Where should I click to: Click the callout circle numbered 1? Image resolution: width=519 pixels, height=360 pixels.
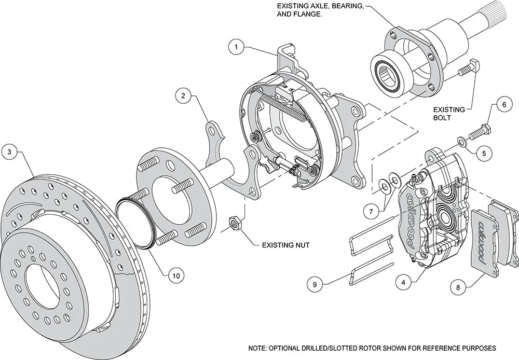coord(236,47)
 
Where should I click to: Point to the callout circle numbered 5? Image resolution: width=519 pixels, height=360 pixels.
coord(484,153)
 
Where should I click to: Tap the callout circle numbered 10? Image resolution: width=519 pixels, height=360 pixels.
coord(176,276)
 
